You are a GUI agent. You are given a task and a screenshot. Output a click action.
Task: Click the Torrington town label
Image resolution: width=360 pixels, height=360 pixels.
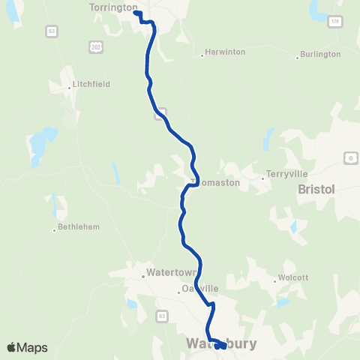pyautogui.click(x=113, y=7)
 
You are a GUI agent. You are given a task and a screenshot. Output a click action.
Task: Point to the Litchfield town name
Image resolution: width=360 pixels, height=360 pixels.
pyautogui.click(x=92, y=84)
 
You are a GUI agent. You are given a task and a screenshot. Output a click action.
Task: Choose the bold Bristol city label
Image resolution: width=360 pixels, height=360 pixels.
pyautogui.click(x=316, y=190)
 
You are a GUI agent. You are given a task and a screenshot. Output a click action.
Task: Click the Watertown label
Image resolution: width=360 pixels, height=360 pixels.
pyautogui.click(x=172, y=271)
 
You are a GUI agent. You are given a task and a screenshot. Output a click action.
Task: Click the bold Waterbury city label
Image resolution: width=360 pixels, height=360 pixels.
pyautogui.click(x=221, y=344)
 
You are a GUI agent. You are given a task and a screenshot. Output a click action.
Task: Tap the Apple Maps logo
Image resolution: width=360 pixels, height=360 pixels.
pyautogui.click(x=28, y=347)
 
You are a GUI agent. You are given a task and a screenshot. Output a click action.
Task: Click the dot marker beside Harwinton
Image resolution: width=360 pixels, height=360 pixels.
pyautogui.click(x=202, y=54)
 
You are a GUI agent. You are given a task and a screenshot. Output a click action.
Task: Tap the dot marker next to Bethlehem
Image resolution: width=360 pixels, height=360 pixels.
pyautogui.click(x=55, y=229)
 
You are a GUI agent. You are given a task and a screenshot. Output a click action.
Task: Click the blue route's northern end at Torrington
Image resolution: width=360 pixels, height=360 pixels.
pyautogui.click(x=136, y=13)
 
